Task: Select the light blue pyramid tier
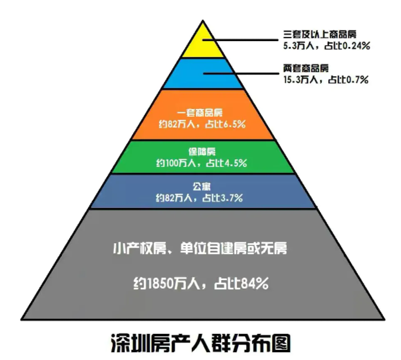click(203, 74)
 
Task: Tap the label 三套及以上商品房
click(319, 33)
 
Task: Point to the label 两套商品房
click(306, 67)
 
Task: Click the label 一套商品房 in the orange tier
click(202, 112)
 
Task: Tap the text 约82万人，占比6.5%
click(202, 124)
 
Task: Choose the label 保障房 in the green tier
click(202, 151)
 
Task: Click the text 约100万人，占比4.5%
click(202, 162)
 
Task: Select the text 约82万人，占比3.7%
click(202, 197)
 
